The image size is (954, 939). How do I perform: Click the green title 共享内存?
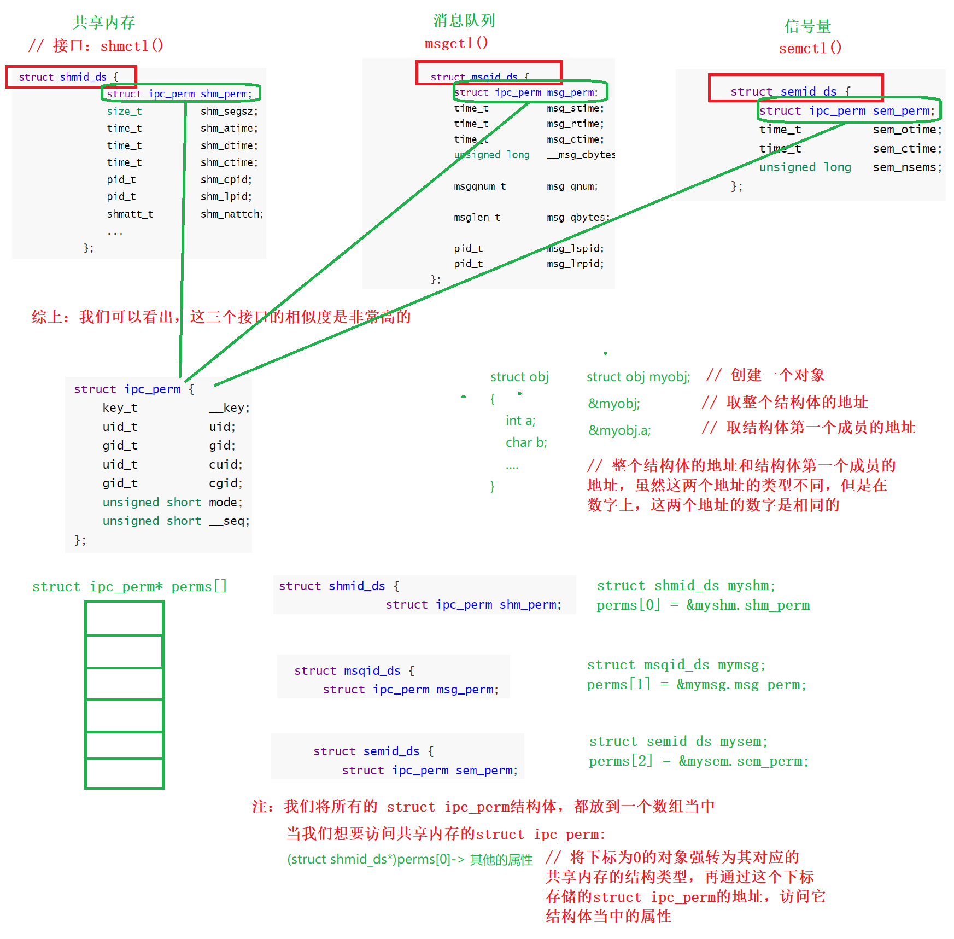coord(104,22)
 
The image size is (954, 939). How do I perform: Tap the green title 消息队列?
coord(464,21)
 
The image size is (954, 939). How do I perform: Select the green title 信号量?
coord(807,26)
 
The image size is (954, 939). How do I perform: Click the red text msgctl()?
coord(456,43)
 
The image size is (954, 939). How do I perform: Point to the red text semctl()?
coord(810,48)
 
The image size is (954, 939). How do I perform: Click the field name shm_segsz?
coord(229,111)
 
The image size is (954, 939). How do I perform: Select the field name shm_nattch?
coord(231,214)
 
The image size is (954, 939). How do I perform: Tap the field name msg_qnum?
coord(572,186)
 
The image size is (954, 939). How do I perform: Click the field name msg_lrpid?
coord(575,264)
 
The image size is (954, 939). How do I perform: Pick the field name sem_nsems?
coord(906,167)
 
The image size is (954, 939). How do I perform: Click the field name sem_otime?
coord(906,130)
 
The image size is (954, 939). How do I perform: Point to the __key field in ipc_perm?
coord(229,407)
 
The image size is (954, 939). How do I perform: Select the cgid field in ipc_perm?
coord(225,483)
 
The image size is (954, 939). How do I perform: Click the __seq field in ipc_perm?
coord(229,521)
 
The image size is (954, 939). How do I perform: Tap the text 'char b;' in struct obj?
coord(526,442)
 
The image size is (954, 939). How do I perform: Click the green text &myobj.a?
coord(619,430)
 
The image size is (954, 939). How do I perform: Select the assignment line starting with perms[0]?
coord(703,605)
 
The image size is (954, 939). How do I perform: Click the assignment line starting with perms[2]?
coord(698,761)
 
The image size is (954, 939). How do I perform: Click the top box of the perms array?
coord(125,618)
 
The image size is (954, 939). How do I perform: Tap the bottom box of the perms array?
coord(125,773)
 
